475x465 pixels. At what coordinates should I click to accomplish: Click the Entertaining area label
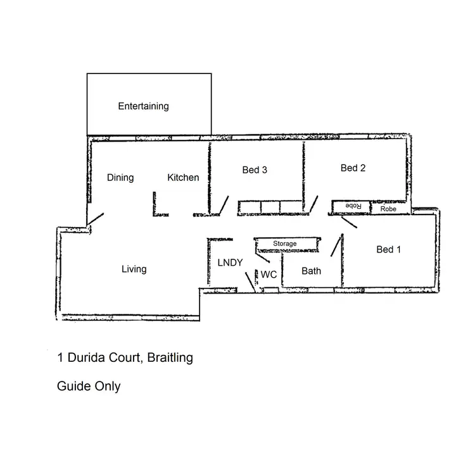pos(143,106)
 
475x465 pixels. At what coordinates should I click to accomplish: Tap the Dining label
pos(120,178)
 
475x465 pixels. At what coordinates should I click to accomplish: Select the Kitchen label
pos(183,178)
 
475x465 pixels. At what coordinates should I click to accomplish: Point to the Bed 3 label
pos(255,170)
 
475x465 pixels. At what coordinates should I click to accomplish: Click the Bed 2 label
pos(353,168)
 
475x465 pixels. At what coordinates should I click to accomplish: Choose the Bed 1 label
pos(389,250)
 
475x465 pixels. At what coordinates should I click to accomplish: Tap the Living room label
pos(134,270)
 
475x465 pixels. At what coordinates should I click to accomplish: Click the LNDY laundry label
pos(230,263)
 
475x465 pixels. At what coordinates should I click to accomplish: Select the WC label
pos(269,275)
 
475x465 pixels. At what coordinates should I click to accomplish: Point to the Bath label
pos(311,271)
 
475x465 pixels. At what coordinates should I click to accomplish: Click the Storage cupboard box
pos(284,244)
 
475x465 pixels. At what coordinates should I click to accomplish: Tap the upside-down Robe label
pos(352,207)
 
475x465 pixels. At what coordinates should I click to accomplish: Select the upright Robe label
pos(388,208)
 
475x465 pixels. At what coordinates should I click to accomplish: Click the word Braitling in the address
pos(170,358)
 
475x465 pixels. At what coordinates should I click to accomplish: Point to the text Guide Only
pos(89,386)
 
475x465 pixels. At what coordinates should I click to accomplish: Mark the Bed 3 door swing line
pos(223,205)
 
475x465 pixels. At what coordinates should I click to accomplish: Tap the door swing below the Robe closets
pos(350,222)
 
